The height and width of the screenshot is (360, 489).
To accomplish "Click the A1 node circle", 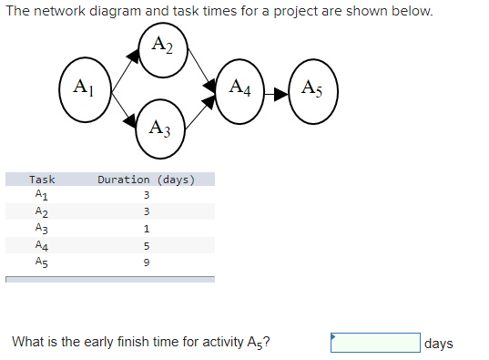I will tap(83, 89).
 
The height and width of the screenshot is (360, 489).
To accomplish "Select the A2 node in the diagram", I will tap(163, 46).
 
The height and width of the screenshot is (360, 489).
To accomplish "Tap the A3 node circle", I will tap(161, 125).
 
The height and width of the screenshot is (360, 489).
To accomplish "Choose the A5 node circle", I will tap(311, 90).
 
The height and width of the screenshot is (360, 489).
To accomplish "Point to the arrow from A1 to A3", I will tap(123, 109).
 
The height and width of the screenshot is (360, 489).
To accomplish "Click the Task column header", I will tap(42, 180).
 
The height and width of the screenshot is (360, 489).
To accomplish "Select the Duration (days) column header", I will tap(146, 180).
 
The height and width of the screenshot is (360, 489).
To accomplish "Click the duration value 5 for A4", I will tap(146, 245).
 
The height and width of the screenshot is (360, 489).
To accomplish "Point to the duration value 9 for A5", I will tap(146, 262).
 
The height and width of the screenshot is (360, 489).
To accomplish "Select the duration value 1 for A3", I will tap(146, 229).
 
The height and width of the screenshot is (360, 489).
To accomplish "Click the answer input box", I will tap(375, 343).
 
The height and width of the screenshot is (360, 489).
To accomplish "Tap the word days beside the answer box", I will tap(438, 344).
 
